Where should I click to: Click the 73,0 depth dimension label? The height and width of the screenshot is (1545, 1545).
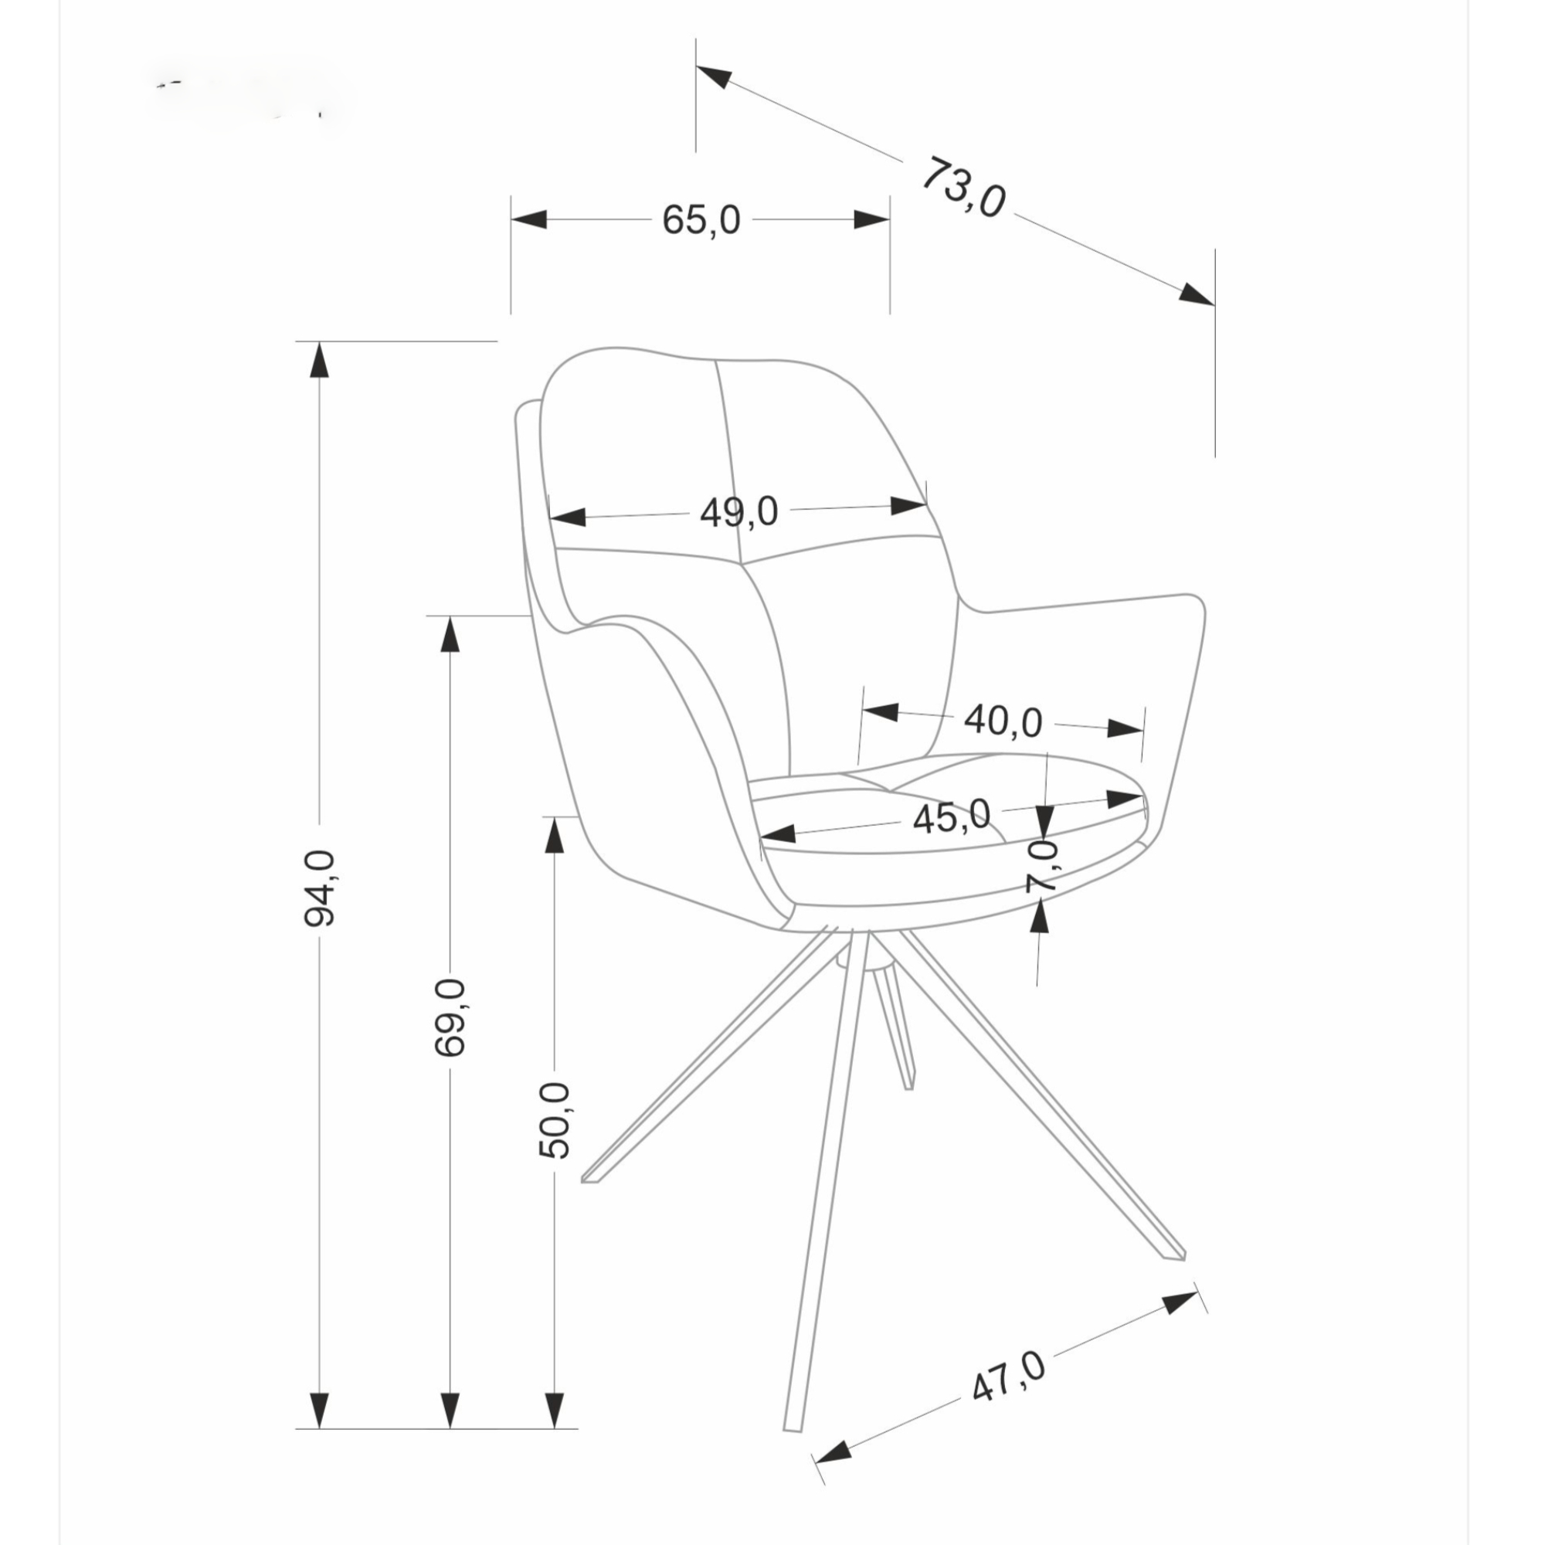pyautogui.click(x=963, y=188)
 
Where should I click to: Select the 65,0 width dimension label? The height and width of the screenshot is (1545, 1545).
pyautogui.click(x=701, y=220)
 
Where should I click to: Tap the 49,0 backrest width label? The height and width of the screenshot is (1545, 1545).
pyautogui.click(x=739, y=512)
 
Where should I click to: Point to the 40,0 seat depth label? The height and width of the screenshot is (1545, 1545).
pyautogui.click(x=1003, y=722)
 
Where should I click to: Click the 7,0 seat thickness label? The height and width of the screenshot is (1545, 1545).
pyautogui.click(x=1042, y=866)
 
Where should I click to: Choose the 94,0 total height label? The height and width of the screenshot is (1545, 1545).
pyautogui.click(x=320, y=888)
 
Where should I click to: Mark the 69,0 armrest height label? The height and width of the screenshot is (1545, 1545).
pyautogui.click(x=450, y=1017)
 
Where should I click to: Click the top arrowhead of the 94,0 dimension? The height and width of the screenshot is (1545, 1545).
pyautogui.click(x=320, y=359)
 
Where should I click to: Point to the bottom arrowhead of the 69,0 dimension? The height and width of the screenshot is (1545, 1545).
pyautogui.click(x=450, y=1433)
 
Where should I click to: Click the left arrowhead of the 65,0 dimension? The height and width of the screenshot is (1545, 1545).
pyautogui.click(x=528, y=219)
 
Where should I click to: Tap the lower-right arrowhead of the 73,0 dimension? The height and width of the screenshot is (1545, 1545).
pyautogui.click(x=1197, y=294)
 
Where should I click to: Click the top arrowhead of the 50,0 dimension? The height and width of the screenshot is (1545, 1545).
pyautogui.click(x=554, y=834)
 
